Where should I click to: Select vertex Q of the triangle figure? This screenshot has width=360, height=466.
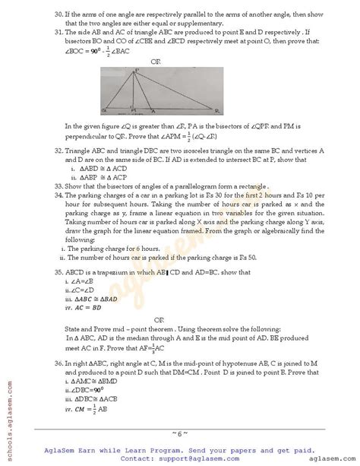[99, 110]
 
